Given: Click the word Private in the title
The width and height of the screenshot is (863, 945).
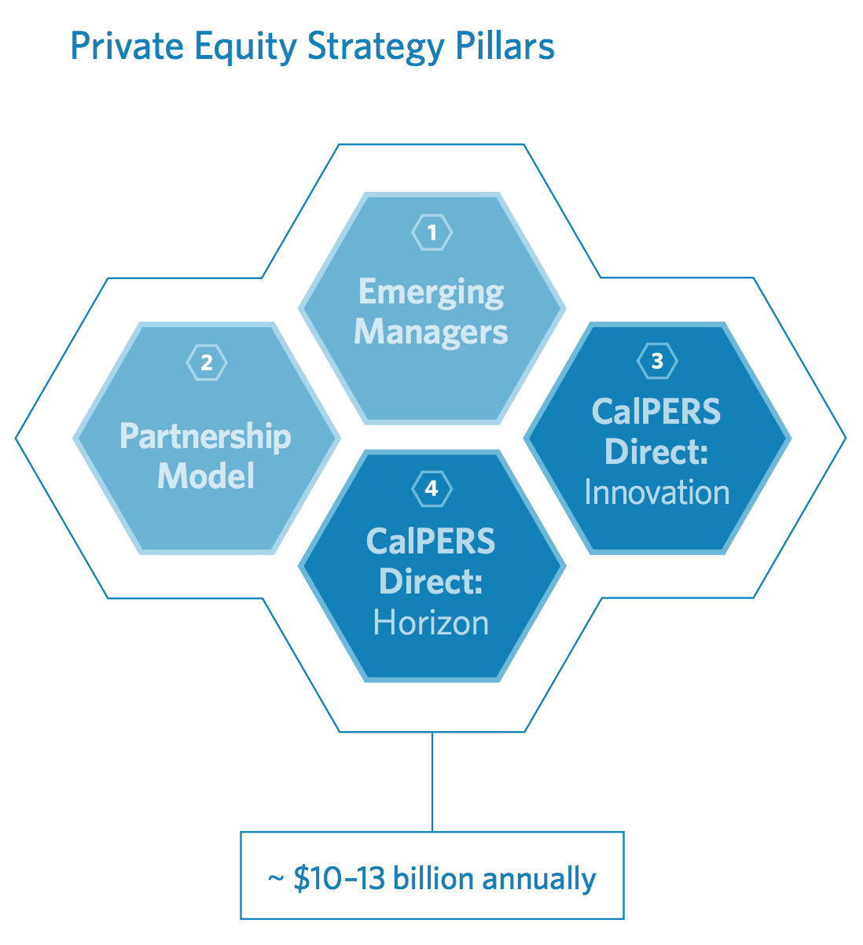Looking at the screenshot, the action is (x=127, y=46).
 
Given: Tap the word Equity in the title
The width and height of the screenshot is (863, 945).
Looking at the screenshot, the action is (x=245, y=48).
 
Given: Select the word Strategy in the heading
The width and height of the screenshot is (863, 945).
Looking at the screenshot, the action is (x=376, y=48).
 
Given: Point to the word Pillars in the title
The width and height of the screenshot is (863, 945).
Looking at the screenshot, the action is (x=505, y=46).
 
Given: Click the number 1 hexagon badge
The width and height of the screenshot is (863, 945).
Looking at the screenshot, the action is (x=432, y=232).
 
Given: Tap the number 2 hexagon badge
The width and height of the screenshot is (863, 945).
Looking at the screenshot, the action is (x=207, y=362).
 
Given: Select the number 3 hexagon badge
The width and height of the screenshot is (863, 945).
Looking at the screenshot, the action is (x=657, y=361).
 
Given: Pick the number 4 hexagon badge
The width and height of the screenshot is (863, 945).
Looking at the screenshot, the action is (x=432, y=488).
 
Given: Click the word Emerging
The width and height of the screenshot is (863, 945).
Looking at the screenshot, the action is (x=431, y=293).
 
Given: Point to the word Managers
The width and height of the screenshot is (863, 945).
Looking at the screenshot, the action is (x=431, y=333).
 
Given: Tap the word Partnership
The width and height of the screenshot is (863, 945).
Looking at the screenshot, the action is (x=205, y=436).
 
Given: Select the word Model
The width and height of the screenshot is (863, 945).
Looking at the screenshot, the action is (x=206, y=476).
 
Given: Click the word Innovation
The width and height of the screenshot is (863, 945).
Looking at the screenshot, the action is (x=657, y=492).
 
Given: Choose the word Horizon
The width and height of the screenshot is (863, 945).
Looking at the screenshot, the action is (x=431, y=623).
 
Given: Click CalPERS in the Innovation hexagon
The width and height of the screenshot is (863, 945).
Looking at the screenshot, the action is (x=656, y=411).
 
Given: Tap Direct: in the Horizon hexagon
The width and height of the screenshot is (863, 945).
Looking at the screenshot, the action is (x=431, y=581).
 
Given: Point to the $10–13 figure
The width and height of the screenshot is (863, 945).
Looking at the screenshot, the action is (x=340, y=878).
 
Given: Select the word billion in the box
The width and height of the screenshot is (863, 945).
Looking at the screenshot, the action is (x=433, y=877).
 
